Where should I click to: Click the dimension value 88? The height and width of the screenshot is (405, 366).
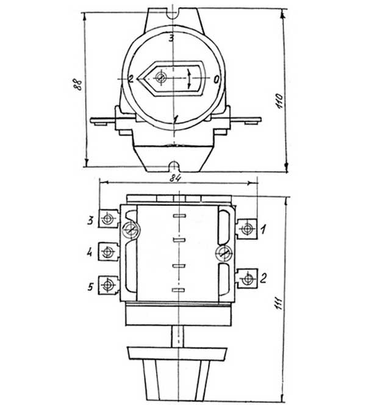(77, 84)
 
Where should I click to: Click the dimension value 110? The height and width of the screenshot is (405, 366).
(279, 101)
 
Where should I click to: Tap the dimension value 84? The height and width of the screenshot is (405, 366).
(175, 177)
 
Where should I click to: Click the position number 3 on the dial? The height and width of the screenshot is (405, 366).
(171, 38)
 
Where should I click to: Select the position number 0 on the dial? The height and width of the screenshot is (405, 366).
(216, 79)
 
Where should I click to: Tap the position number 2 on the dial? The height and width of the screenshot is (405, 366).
(131, 79)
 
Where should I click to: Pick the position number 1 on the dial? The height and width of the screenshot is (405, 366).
(176, 119)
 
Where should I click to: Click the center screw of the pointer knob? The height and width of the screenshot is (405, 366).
(161, 77)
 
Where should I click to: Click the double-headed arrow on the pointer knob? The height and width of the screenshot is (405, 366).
(189, 79)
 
